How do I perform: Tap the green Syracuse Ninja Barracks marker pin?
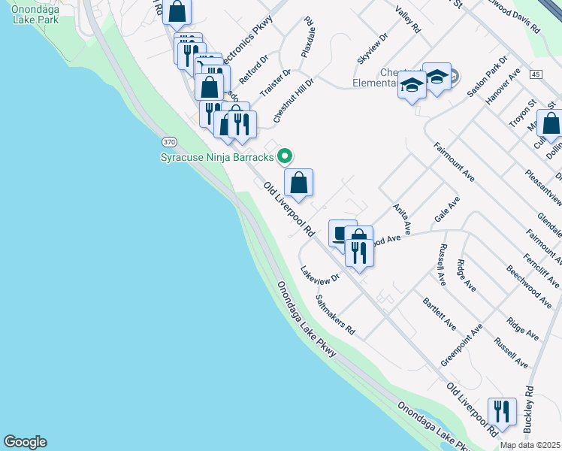coord(285,156)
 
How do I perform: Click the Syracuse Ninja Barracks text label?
coord(217,156)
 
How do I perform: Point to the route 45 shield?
coord(535,74)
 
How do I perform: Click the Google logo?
coord(25,442)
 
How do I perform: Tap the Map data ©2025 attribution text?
coord(530,445)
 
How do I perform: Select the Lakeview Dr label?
coord(320,275)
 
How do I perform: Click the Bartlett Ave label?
coord(439,313)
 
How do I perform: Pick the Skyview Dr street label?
coord(373,48)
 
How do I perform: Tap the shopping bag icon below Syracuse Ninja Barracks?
coord(298,183)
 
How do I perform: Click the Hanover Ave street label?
coord(504,86)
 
